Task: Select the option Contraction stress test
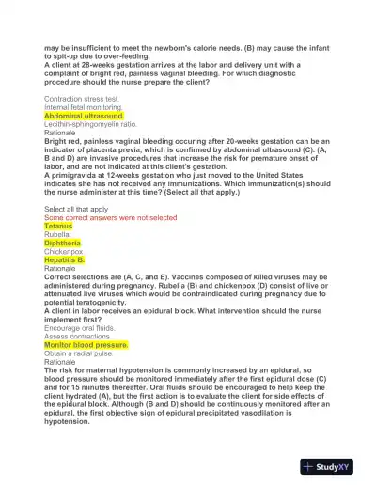[x=82, y=98]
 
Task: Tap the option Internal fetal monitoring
[x=85, y=107]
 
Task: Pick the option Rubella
[x=58, y=235]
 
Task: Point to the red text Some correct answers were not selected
[x=110, y=217]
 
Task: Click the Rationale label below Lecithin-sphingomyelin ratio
[x=60, y=133]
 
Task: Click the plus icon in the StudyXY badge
[x=308, y=465]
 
